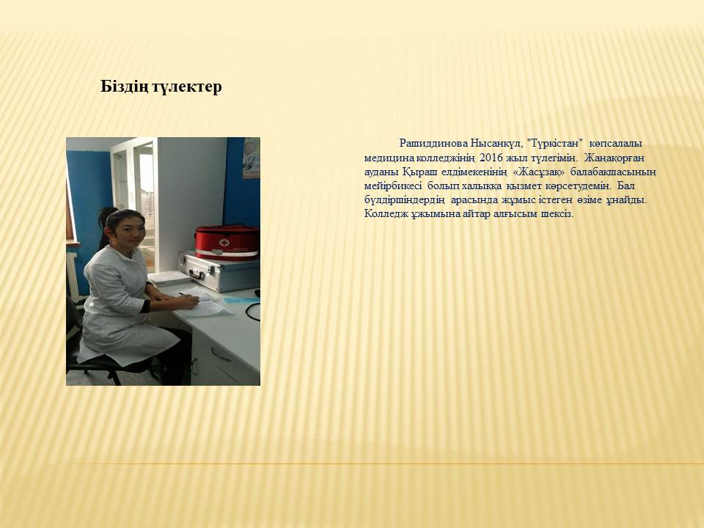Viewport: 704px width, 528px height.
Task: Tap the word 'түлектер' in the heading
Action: pos(188,87)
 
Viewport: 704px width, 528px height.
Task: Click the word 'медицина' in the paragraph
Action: pos(389,158)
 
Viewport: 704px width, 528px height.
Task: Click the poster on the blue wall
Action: pos(252,158)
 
